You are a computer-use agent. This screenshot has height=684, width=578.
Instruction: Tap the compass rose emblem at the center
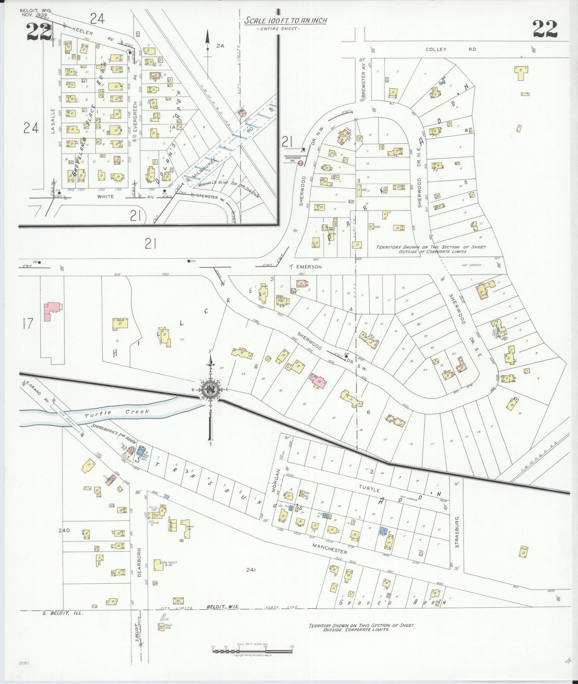(210, 390)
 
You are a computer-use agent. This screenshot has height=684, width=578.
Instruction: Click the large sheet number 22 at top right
(544, 28)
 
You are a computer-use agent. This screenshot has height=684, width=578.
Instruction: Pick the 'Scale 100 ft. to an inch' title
(285, 20)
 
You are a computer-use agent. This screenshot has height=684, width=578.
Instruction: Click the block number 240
(64, 530)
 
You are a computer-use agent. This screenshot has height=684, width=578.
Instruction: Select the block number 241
(251, 570)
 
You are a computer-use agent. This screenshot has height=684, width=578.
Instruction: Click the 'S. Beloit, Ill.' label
(62, 613)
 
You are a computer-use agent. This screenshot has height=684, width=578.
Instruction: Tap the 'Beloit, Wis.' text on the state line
(222, 607)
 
